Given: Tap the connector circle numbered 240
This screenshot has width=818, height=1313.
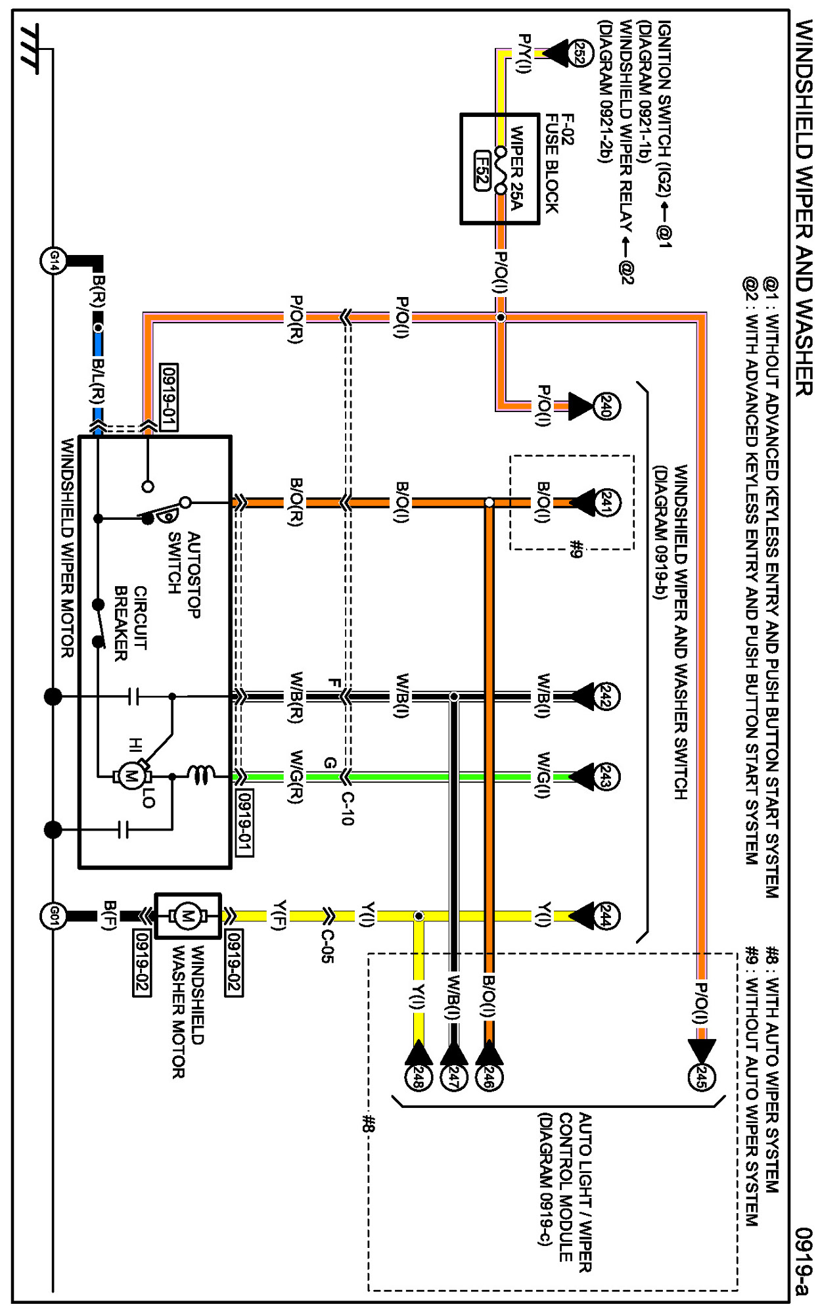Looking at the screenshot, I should click(x=606, y=406).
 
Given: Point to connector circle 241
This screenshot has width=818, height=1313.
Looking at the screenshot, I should click(x=606, y=503).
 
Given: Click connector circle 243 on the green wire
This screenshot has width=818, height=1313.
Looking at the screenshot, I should click(x=606, y=777).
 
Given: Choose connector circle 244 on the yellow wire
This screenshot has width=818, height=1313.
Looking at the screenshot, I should click(x=606, y=916).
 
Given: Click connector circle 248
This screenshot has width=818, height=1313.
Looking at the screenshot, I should click(x=418, y=1077).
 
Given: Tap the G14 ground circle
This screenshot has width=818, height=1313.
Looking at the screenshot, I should click(x=53, y=261).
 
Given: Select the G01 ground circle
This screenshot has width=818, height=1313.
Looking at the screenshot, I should click(x=53, y=915).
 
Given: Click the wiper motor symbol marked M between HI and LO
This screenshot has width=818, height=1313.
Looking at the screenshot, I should click(x=131, y=776).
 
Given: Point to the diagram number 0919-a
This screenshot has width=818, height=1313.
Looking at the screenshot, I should click(x=803, y=1261).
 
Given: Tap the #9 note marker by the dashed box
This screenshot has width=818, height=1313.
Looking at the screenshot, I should click(x=576, y=549).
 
